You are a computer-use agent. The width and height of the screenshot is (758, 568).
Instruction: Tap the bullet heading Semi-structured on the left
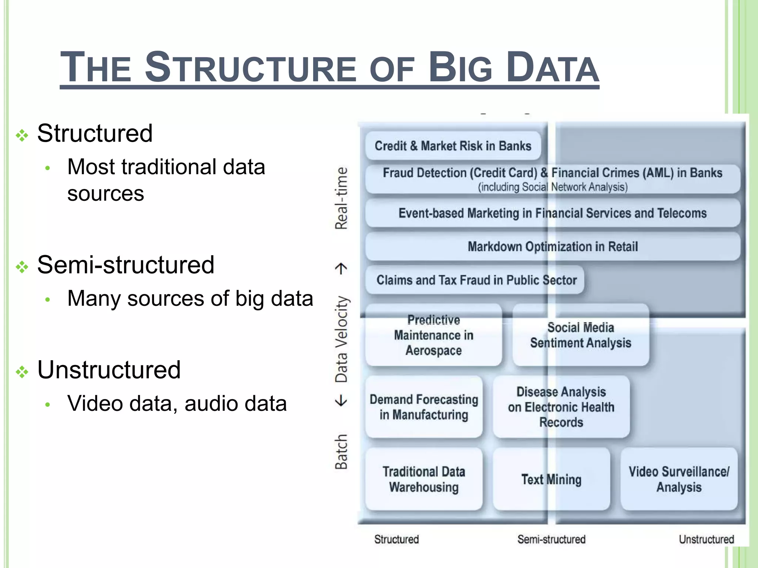126,265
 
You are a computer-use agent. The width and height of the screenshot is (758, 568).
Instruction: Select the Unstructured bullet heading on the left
109,369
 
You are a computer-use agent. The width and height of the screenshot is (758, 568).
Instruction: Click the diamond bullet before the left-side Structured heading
22,135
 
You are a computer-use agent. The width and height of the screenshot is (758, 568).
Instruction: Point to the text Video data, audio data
177,403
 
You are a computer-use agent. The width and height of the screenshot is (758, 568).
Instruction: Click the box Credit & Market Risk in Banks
453,146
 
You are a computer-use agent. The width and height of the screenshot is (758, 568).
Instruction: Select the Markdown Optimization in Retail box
553,246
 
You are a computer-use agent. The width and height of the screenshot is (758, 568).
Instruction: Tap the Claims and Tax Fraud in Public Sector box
476,280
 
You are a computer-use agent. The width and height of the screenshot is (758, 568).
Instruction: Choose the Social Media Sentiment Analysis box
580,335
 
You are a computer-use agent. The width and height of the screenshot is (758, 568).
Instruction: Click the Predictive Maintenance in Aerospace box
433,335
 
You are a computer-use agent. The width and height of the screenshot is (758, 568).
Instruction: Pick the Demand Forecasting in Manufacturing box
424,407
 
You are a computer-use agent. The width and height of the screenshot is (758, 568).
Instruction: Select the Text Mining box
551,479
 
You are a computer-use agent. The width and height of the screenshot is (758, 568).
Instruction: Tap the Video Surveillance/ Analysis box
679,479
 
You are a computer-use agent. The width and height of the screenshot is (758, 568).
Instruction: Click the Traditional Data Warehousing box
424,479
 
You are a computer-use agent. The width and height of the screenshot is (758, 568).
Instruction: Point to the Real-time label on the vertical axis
341,198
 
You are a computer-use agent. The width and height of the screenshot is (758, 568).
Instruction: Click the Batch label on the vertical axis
341,452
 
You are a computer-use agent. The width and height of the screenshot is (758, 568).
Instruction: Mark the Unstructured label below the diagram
706,539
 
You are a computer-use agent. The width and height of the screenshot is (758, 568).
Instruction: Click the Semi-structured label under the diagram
551,539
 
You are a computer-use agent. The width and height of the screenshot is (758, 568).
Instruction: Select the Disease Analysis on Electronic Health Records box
561,407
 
